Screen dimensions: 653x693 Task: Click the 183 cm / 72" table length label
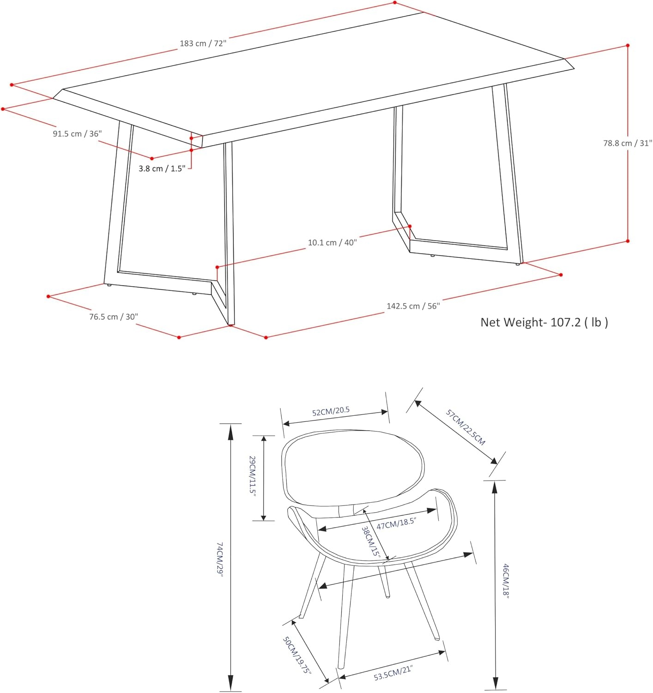203,43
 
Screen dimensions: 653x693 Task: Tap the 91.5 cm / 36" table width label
77,134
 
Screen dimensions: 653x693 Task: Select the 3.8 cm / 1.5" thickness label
162,169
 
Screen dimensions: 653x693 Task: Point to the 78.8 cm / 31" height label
628,143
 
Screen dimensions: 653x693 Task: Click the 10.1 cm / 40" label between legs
333,242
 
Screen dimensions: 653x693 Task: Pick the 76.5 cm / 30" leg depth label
114,316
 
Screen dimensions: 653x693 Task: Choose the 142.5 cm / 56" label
413,306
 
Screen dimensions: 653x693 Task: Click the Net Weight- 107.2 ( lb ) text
544,322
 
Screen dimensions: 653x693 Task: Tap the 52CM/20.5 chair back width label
331,411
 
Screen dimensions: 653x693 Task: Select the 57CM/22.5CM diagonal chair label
466,427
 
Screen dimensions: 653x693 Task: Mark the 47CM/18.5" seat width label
396,523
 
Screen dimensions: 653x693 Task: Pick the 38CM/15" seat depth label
370,541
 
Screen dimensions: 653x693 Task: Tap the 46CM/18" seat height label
505,581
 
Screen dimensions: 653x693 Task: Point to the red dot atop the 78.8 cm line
628,45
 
